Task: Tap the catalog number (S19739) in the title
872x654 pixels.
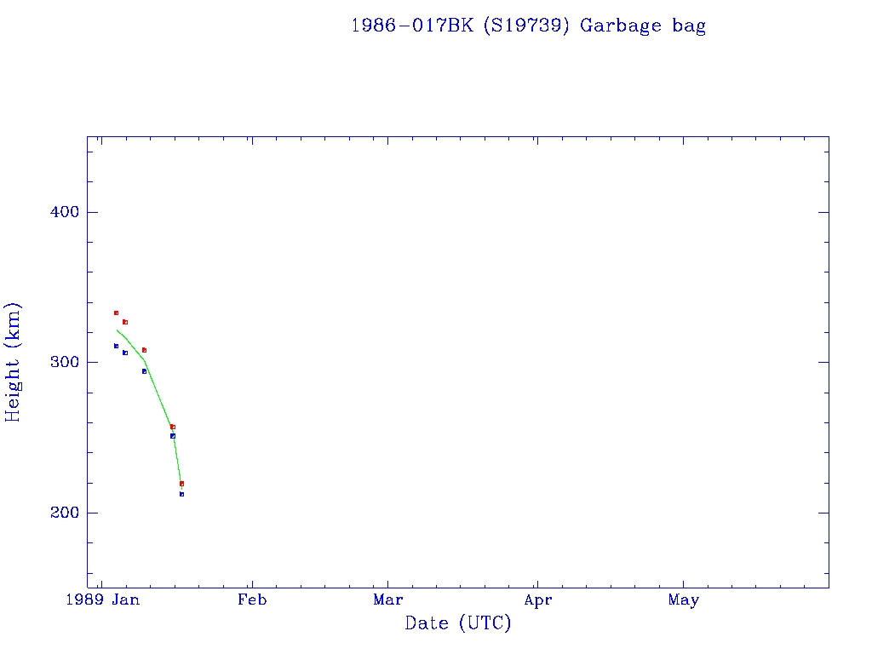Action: point(525,26)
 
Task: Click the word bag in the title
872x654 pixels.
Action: point(689,26)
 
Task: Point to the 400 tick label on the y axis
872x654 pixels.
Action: point(60,212)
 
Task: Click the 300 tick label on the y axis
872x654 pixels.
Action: point(60,362)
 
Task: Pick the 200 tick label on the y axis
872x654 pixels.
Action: point(60,513)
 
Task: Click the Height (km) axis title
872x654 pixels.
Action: point(13,362)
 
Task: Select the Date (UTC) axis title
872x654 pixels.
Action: point(458,623)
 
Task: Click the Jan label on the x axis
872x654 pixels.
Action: point(126,600)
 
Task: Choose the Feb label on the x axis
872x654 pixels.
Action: point(252,600)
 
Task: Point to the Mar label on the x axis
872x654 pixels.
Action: point(388,600)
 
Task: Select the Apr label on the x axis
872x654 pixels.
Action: point(537,600)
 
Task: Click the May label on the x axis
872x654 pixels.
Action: point(684,600)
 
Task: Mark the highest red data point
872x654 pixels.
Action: point(116,313)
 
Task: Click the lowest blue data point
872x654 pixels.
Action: point(181,494)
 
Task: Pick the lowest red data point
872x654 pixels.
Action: point(181,484)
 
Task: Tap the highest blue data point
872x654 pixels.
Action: point(116,346)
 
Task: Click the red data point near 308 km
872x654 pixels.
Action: point(144,350)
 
